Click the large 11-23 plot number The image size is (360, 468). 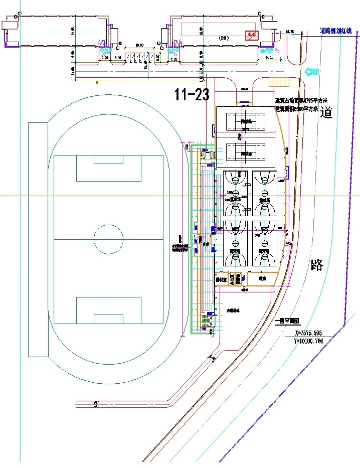tap(192, 94)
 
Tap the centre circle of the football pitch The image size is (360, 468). tap(109, 239)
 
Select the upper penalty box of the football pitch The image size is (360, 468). tap(108, 168)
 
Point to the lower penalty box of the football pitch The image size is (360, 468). tap(108, 310)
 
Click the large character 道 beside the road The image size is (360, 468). tap(327, 113)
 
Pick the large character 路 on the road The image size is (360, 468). tap(317, 265)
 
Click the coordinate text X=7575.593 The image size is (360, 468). tap(309, 332)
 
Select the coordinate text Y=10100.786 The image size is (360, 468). tap(309, 341)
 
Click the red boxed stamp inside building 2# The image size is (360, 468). tap(251, 35)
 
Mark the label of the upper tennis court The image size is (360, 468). tap(246, 121)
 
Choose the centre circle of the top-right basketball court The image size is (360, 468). tap(265, 193)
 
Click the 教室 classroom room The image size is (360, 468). tap(262, 278)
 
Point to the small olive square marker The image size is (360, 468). tap(97, 82)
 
